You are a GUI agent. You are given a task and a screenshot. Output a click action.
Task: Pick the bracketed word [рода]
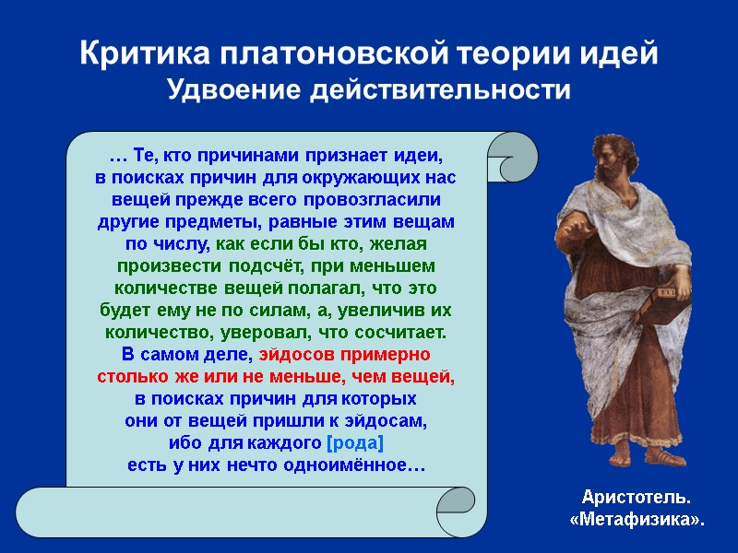tap(356, 443)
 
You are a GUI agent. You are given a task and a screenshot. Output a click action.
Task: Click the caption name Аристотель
tap(637, 499)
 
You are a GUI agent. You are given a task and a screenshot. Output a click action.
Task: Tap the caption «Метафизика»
tap(637, 521)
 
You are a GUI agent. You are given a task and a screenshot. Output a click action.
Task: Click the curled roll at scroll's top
tap(510, 157)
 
